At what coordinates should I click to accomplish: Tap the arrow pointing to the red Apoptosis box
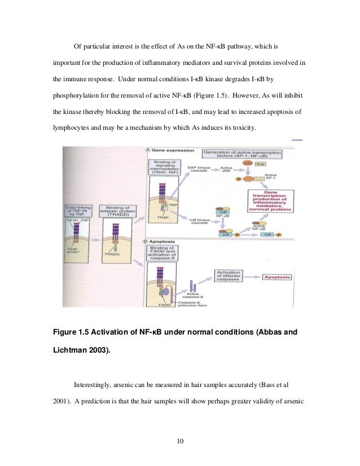tap(256, 278)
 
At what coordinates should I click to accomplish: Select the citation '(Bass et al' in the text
tap(275, 385)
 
